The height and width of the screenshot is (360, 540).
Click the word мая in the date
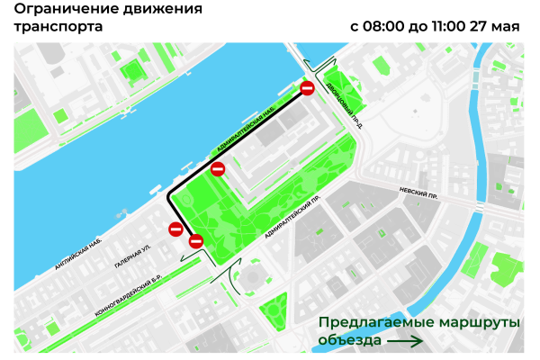[x=506, y=26]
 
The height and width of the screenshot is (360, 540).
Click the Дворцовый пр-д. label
[x=345, y=104]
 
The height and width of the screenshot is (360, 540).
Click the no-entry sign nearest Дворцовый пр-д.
[x=307, y=88]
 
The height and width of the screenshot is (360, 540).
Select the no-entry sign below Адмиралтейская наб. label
[x=217, y=168]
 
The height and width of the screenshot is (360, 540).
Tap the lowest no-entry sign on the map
[x=196, y=240]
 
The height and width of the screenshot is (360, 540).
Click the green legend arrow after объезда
[x=404, y=340]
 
